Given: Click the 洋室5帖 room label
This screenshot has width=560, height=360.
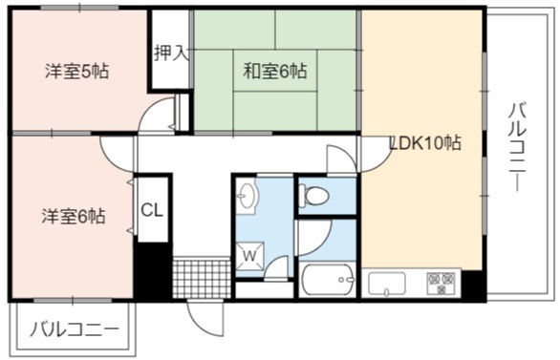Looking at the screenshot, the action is pyautogui.click(x=76, y=71).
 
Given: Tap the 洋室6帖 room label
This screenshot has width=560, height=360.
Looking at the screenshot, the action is pyautogui.click(x=74, y=216).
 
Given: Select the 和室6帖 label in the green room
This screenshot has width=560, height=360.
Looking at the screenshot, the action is pyautogui.click(x=274, y=71).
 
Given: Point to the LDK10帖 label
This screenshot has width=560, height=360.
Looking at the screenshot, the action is pyautogui.click(x=425, y=142).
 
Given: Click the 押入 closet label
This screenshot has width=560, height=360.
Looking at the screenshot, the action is pyautogui.click(x=171, y=53).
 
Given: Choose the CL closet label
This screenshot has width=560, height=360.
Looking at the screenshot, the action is pyautogui.click(x=152, y=210).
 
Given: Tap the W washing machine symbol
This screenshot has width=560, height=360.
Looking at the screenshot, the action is pyautogui.click(x=250, y=255).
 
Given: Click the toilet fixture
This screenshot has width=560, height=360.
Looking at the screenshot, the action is pyautogui.click(x=314, y=195).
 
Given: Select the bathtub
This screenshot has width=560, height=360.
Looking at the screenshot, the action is pyautogui.click(x=328, y=280).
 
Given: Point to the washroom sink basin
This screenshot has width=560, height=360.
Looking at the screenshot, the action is pyautogui.click(x=247, y=195).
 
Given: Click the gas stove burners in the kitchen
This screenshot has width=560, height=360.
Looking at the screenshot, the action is pyautogui.click(x=442, y=284).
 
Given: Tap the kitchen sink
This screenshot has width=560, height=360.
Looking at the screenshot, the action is pyautogui.click(x=387, y=284).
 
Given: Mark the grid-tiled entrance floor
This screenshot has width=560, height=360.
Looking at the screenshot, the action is pyautogui.click(x=202, y=279).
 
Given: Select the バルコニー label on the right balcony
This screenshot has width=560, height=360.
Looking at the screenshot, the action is pyautogui.click(x=517, y=147).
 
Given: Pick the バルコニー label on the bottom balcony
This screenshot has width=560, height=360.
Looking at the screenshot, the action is pyautogui.click(x=75, y=328).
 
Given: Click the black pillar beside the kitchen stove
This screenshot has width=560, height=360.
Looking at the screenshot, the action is pyautogui.click(x=474, y=286).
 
